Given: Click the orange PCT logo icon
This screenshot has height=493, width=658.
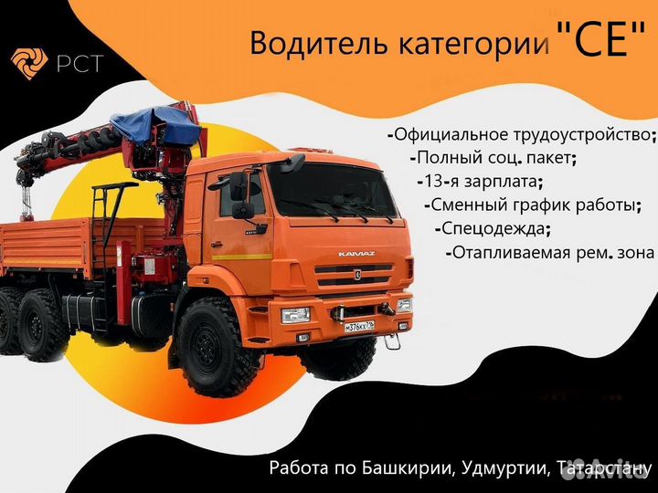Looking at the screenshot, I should click(x=28, y=63).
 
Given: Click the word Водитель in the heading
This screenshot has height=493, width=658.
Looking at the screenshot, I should click(x=305, y=44).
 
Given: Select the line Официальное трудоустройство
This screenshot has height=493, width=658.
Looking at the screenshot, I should click(x=522, y=134).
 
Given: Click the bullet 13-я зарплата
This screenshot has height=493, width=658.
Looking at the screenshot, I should click(x=479, y=180).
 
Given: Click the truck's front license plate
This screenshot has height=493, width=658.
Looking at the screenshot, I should click(x=359, y=325).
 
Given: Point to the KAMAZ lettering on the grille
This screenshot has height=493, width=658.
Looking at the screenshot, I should click(x=356, y=253).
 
